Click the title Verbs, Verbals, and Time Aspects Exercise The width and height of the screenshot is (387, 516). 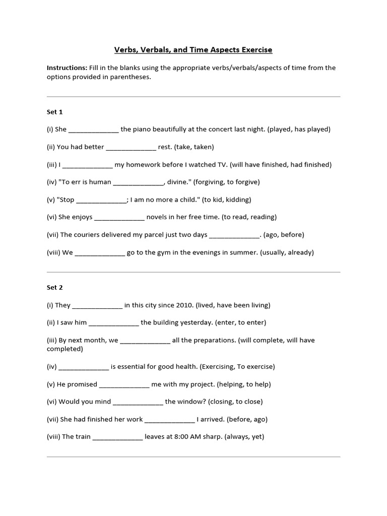(x=193, y=49)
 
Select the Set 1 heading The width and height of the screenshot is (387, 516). (x=55, y=112)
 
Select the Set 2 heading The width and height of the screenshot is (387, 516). (x=55, y=288)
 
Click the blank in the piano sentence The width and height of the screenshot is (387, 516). (x=93, y=130)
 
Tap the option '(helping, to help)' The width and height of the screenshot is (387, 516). (x=244, y=384)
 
